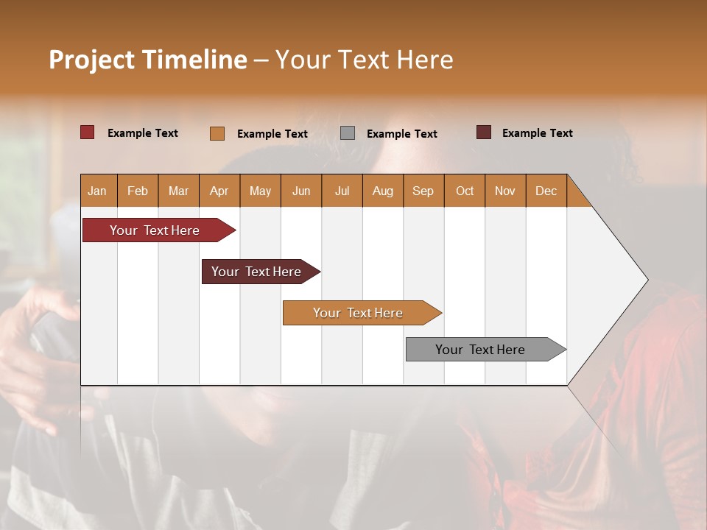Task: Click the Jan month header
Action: (97, 191)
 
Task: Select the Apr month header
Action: (219, 191)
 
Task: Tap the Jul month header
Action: (342, 191)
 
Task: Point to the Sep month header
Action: (423, 191)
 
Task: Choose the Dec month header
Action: (546, 191)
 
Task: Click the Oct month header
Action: (465, 191)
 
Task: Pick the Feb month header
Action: (138, 191)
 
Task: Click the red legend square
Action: (87, 132)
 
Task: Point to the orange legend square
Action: (217, 133)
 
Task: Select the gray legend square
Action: (348, 133)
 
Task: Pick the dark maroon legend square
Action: (484, 132)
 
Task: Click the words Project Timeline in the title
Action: (147, 59)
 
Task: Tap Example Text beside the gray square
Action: (401, 133)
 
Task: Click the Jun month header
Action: (300, 191)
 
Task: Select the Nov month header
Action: (504, 191)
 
